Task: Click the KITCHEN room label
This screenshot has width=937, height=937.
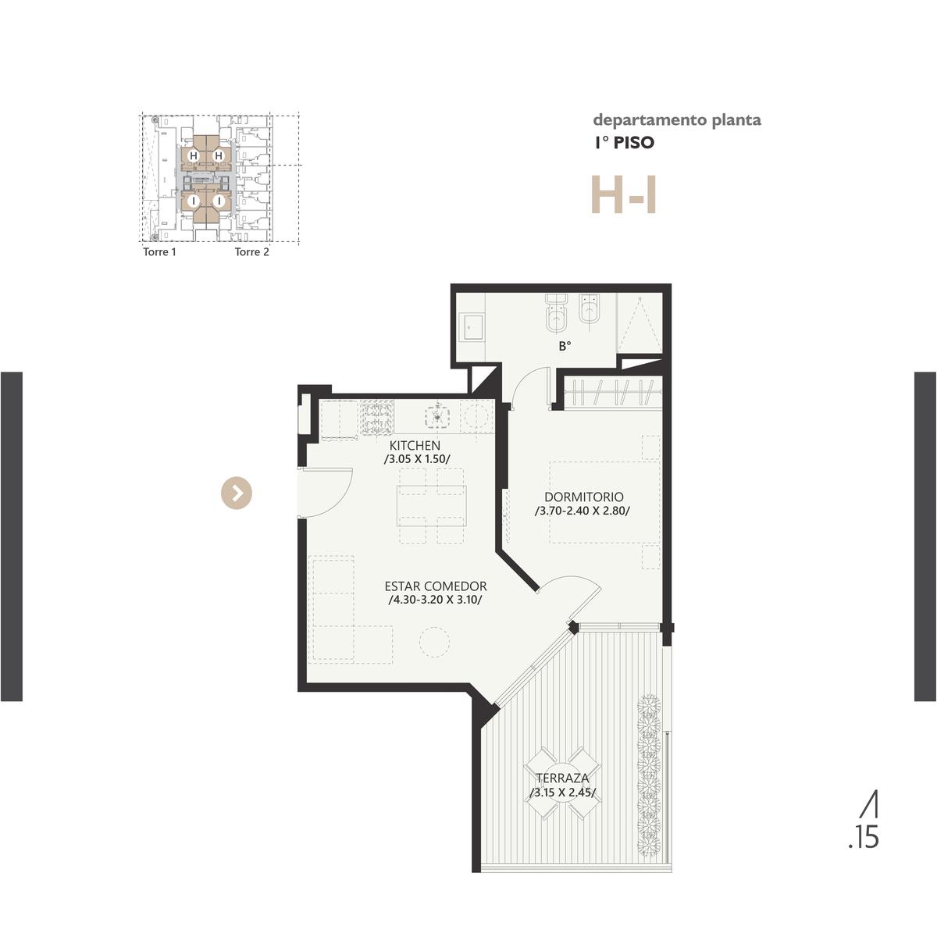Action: (x=415, y=445)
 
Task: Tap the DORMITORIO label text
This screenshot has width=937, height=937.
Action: (x=583, y=497)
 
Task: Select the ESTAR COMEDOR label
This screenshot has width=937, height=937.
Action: (x=435, y=586)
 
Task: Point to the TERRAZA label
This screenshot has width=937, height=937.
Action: (x=562, y=778)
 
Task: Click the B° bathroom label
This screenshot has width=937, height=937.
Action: (x=565, y=346)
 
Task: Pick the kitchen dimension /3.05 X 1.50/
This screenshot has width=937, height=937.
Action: (x=417, y=459)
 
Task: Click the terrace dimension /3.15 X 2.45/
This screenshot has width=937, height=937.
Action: (x=562, y=793)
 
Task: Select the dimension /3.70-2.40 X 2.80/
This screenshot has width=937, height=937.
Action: (x=582, y=511)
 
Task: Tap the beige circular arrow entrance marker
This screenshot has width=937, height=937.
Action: (x=237, y=493)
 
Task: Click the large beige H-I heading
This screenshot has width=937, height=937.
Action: (x=624, y=195)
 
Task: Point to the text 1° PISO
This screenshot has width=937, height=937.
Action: (x=625, y=142)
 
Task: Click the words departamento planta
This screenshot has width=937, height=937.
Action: (x=677, y=120)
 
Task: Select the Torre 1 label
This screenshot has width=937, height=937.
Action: (x=159, y=252)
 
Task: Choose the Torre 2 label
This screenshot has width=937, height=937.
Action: (x=252, y=252)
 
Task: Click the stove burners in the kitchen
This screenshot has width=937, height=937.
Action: (x=376, y=417)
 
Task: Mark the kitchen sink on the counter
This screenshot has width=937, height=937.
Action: (x=437, y=417)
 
